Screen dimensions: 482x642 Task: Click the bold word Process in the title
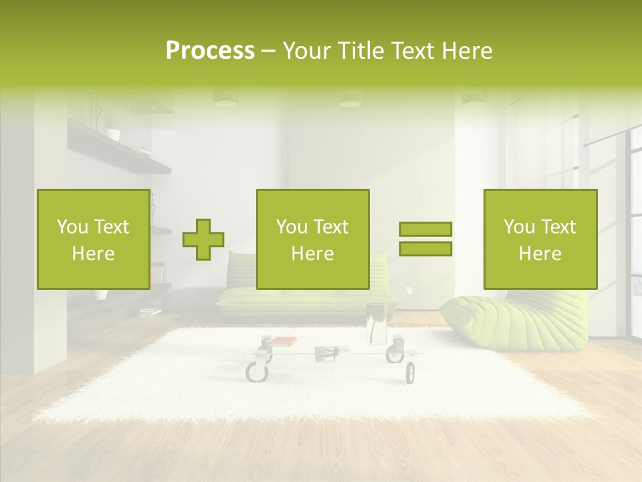click(x=210, y=51)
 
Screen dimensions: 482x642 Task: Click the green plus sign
click(x=203, y=240)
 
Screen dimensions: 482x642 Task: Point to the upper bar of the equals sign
click(x=425, y=229)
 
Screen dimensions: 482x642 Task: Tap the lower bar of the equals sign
click(x=425, y=248)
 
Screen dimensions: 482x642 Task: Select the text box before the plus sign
click(x=94, y=240)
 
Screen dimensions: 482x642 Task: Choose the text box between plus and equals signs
click(x=313, y=240)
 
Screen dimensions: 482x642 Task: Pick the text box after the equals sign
click(x=540, y=240)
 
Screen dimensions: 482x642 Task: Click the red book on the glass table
click(x=284, y=341)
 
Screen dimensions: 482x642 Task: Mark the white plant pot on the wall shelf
click(x=112, y=134)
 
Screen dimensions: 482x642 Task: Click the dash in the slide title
click(x=269, y=51)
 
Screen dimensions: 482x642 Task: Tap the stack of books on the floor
click(x=150, y=311)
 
